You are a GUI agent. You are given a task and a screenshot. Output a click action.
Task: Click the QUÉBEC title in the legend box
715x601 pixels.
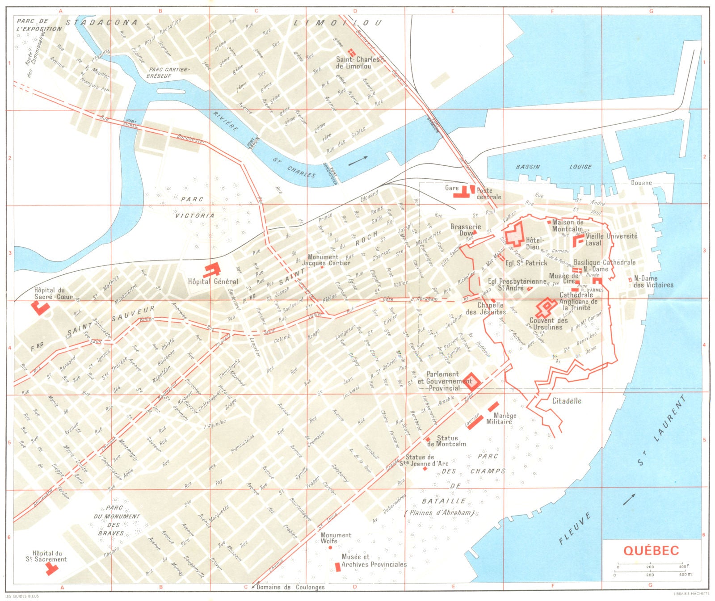[x=651, y=550]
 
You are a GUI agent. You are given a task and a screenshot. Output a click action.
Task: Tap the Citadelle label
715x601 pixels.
[x=567, y=401]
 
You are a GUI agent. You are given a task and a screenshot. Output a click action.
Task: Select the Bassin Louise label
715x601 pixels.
[x=554, y=167]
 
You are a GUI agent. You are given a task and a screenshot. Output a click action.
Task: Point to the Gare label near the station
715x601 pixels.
[x=452, y=188]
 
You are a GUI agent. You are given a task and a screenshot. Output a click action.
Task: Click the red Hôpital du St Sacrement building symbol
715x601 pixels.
[x=51, y=568]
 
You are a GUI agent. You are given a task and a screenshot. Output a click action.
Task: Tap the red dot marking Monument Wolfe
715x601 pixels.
[x=330, y=547]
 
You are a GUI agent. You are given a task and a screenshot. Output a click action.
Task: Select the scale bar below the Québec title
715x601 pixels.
[x=650, y=571]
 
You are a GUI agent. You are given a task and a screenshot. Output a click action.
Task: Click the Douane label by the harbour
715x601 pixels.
[x=641, y=183]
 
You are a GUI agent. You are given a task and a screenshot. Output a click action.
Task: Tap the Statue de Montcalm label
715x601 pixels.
[x=446, y=441]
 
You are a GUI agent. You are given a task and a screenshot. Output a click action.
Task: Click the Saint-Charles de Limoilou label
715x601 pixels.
[x=357, y=63]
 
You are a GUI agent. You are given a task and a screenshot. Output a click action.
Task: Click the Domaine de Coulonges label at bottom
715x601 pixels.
[x=290, y=587]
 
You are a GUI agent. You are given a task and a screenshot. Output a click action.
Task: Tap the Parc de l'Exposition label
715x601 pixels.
[x=39, y=25]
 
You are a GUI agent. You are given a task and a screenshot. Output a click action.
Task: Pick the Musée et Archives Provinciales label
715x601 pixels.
[x=374, y=561]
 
